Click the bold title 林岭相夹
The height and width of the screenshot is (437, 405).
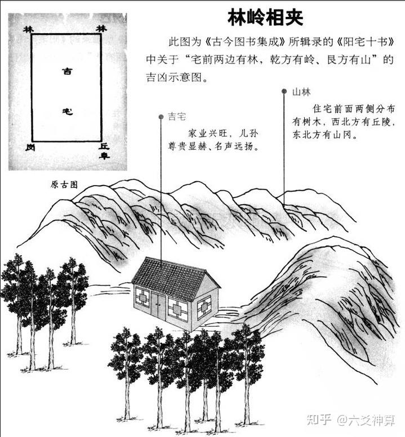265,17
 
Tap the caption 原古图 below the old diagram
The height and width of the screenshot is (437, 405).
64,184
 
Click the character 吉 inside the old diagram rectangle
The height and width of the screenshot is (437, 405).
67,71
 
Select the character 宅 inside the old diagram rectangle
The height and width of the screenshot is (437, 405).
67,111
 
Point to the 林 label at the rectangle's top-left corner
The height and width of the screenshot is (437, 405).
29,30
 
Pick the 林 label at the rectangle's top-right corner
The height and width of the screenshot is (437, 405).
101,29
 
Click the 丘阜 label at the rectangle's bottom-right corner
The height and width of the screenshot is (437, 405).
104,151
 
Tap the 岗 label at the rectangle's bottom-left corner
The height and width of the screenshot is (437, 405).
30,147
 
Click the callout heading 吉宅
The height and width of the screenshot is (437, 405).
177,116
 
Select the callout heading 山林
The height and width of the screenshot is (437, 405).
301,92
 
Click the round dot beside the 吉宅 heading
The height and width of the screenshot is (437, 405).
161,117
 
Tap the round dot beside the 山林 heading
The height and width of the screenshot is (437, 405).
284,91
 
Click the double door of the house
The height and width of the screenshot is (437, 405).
158,305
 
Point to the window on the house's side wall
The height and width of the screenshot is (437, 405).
204,307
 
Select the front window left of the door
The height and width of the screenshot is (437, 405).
143,298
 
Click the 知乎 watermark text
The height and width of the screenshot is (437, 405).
319,420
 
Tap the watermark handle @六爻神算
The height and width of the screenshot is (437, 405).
366,420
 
